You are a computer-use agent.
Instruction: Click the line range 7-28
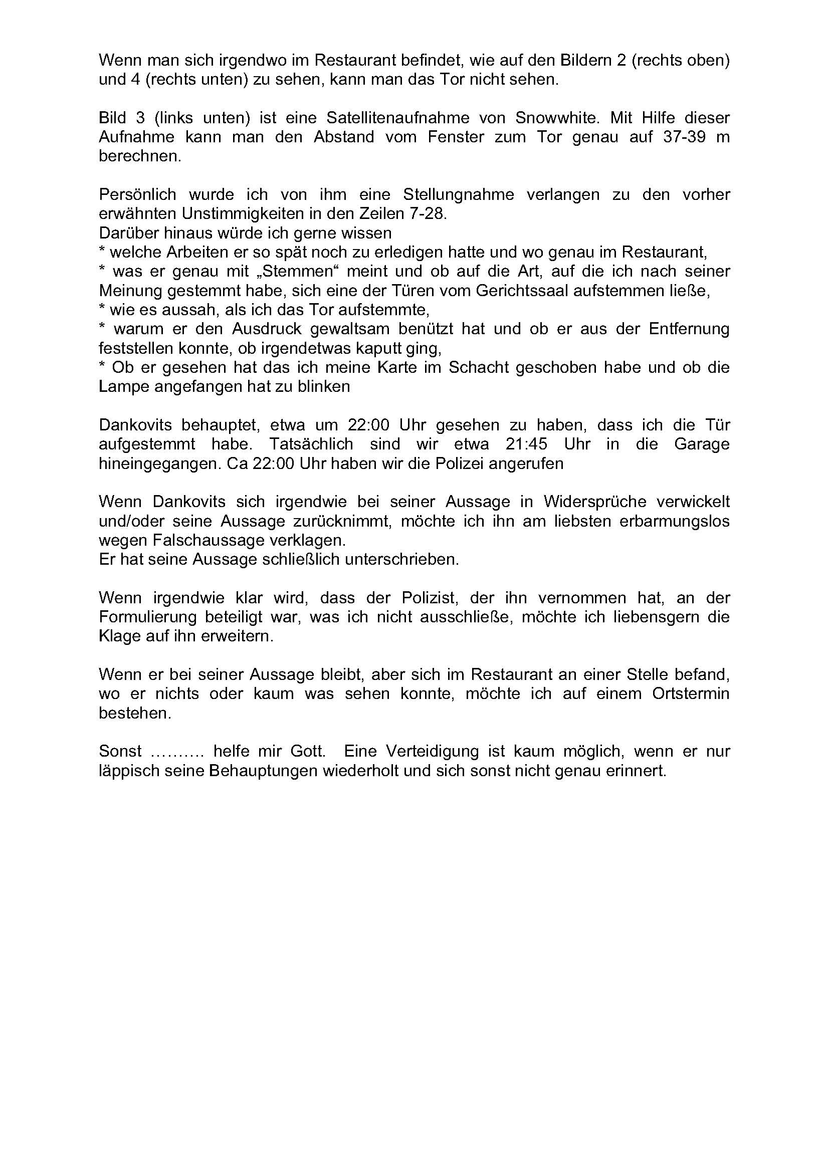point(425,213)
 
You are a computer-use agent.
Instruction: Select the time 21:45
point(526,444)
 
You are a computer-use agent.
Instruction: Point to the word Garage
point(701,444)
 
